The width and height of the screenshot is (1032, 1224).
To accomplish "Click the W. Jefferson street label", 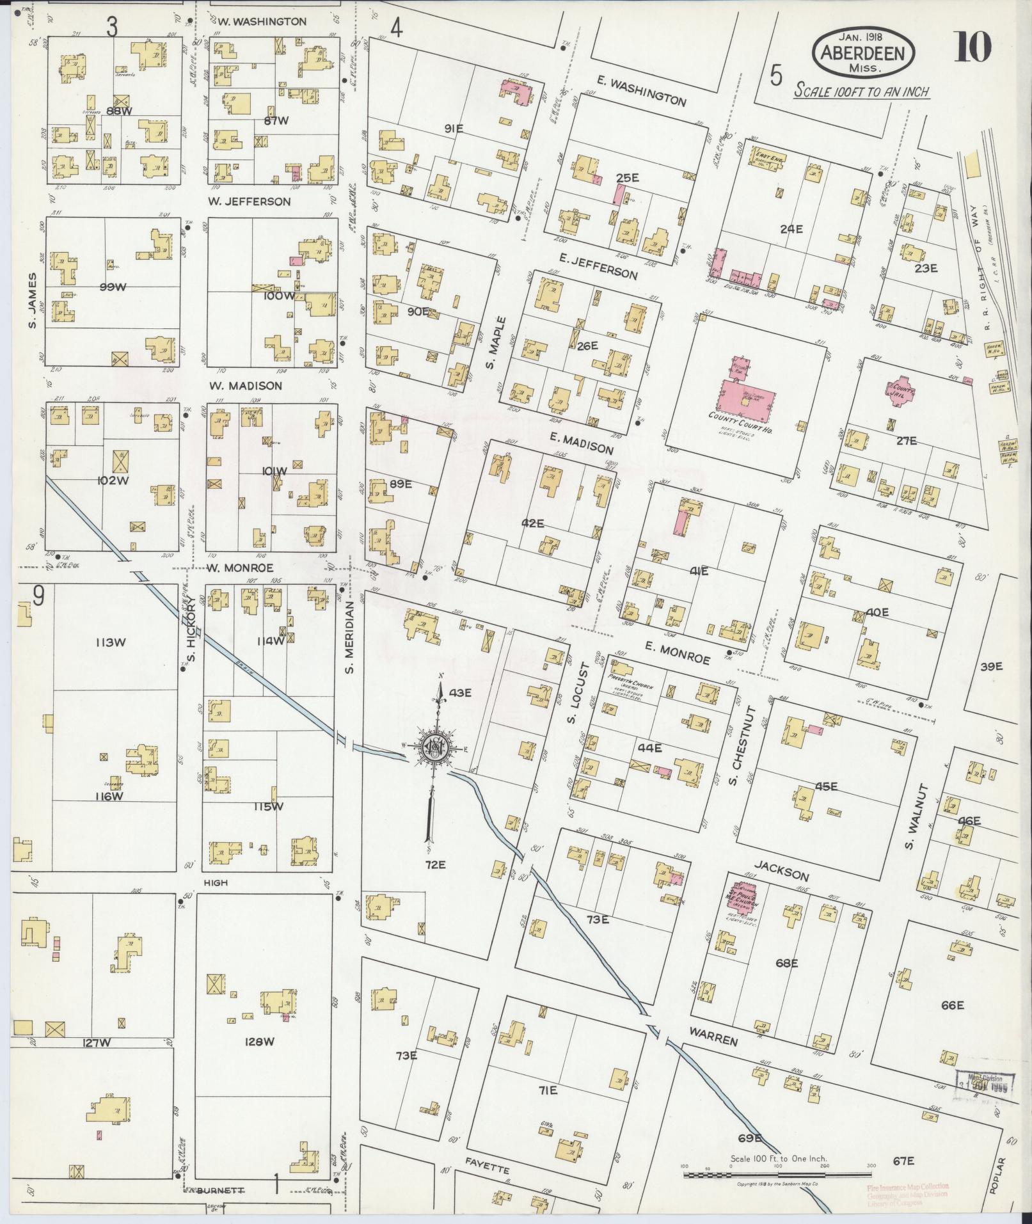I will (249, 202).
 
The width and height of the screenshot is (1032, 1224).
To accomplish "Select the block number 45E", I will (826, 786).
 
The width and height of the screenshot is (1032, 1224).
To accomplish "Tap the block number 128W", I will (260, 1042).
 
